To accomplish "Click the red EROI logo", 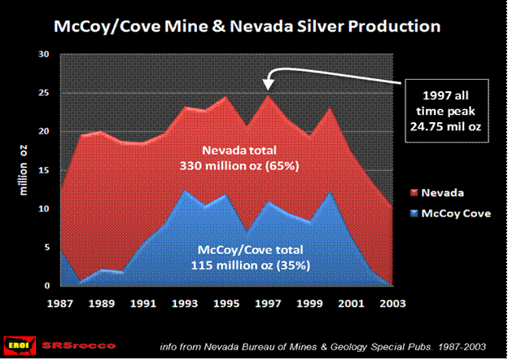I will (17, 344).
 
